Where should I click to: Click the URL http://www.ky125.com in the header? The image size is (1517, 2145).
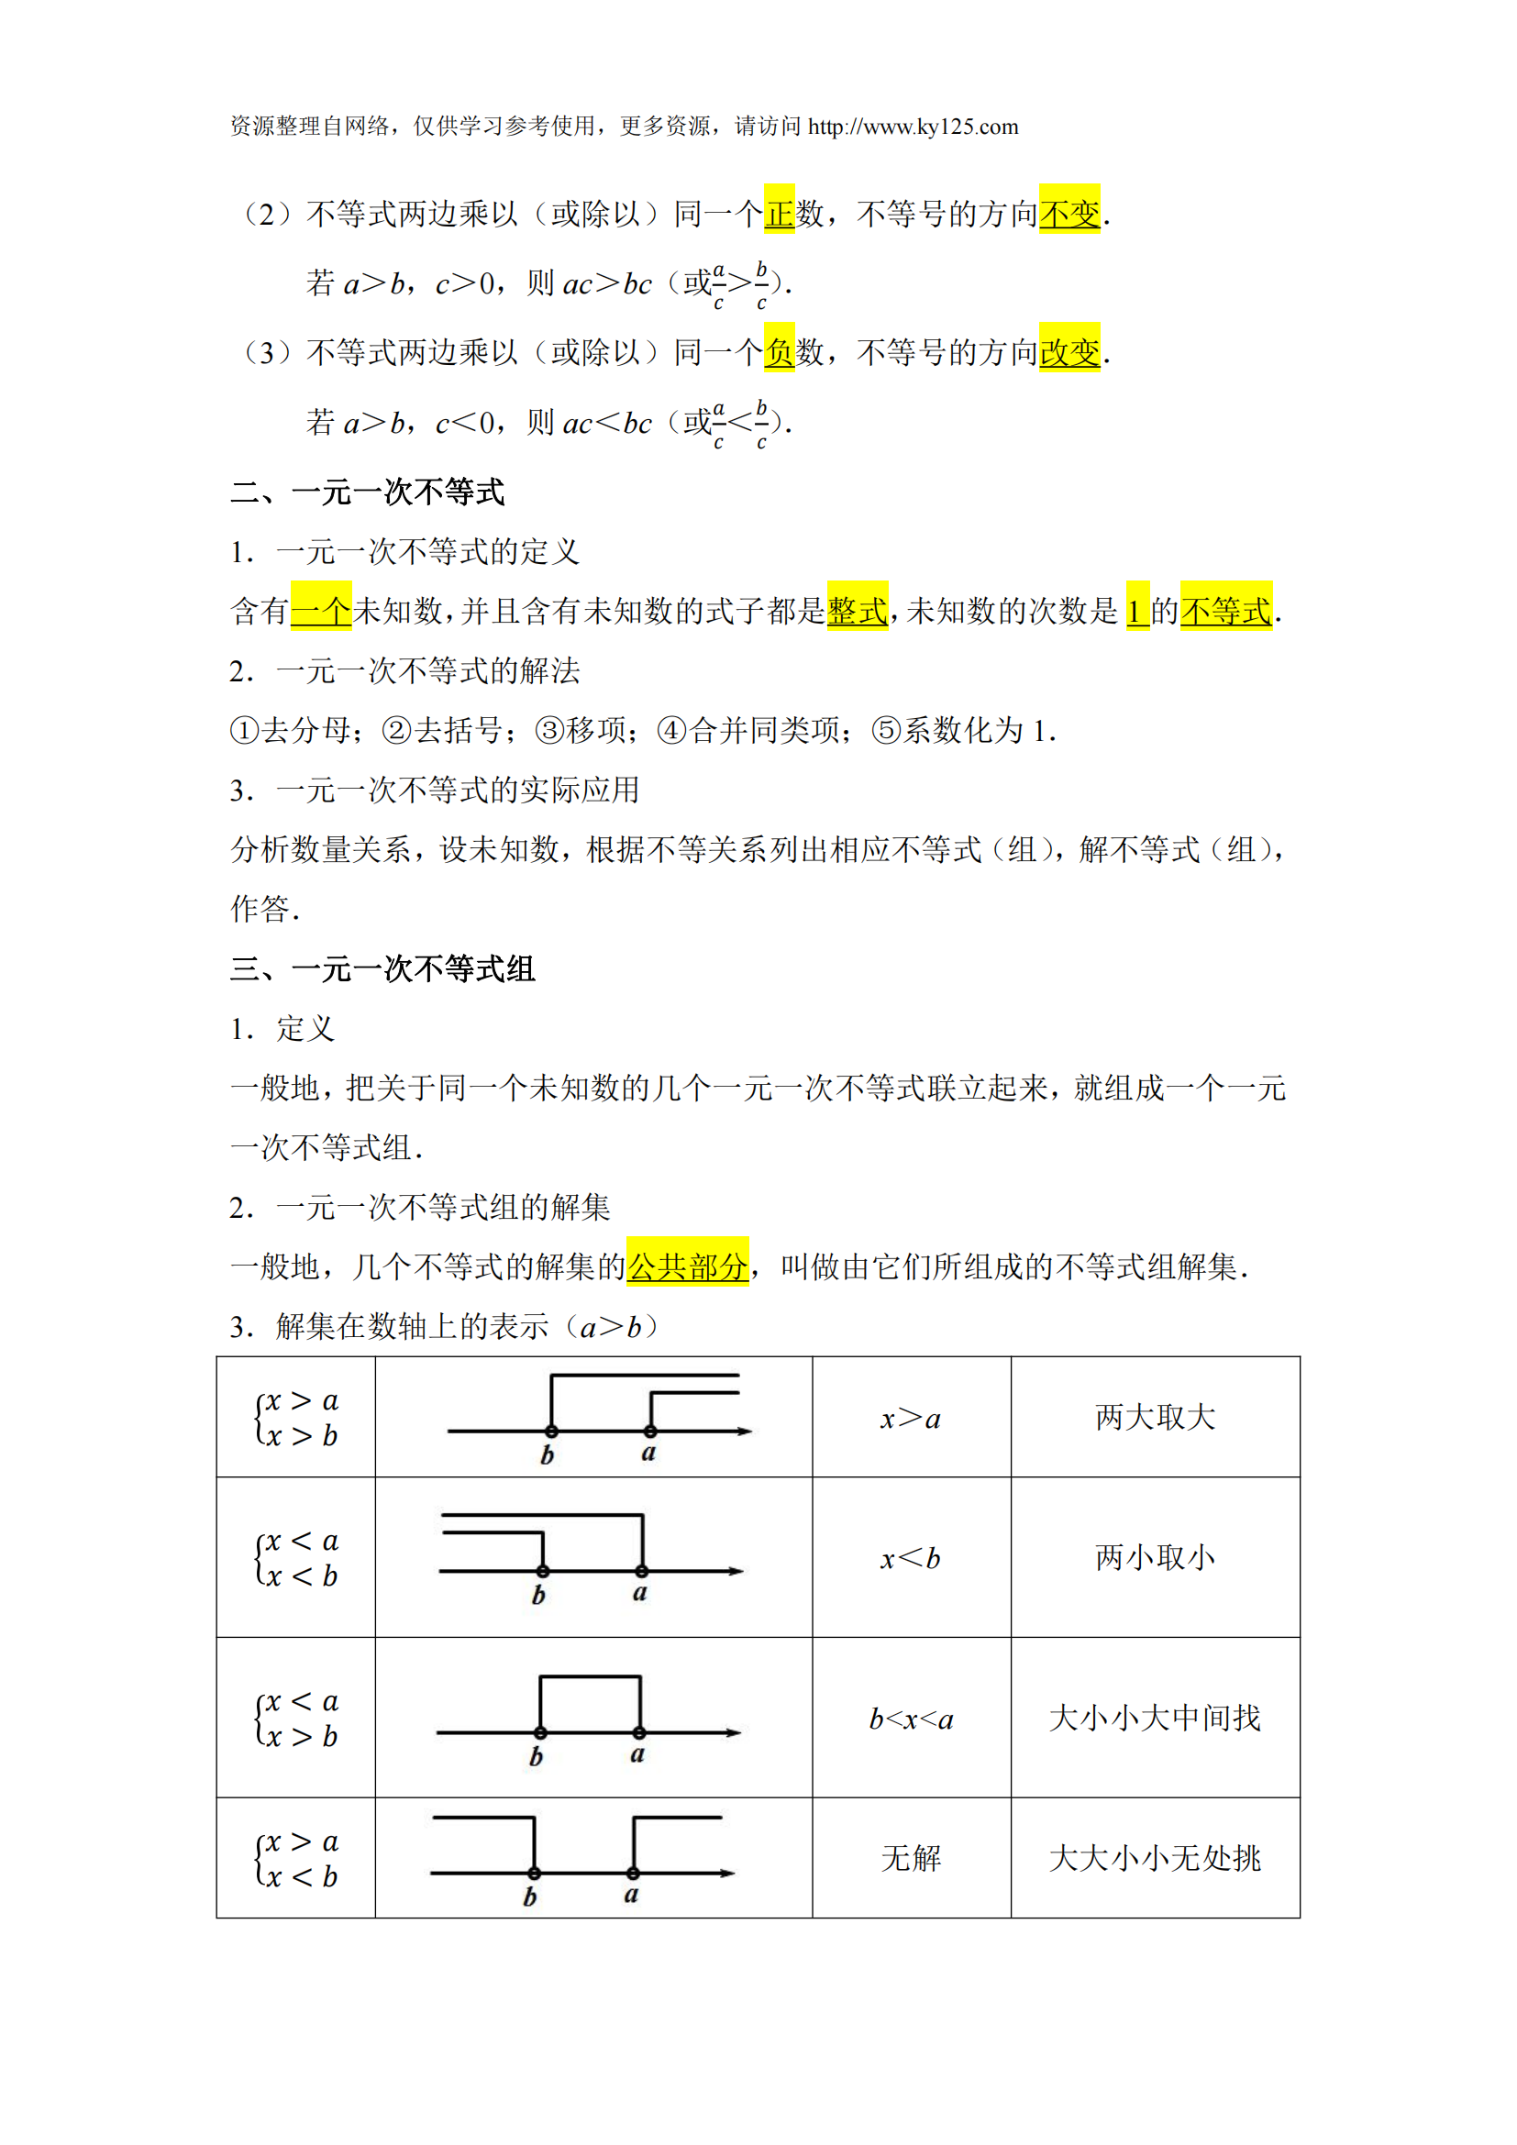pos(913,127)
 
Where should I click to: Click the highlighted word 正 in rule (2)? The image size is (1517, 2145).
pos(779,213)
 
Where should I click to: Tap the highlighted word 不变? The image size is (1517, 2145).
pos(1069,213)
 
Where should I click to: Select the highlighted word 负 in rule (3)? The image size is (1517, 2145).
pos(779,352)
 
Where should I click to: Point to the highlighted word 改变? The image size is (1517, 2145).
pos(1069,352)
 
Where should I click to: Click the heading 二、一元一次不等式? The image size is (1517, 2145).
pos(367,492)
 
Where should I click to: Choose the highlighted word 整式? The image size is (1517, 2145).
pos(858,611)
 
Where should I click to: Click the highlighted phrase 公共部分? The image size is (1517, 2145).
pos(688,1266)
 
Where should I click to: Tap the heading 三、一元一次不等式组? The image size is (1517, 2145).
pos(382,968)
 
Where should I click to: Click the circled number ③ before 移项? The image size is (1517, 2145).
pos(548,731)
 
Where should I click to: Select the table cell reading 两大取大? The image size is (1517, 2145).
pos(1155,1417)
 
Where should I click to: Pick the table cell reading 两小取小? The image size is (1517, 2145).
pos(1155,1557)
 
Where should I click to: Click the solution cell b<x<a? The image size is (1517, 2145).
pos(911,1719)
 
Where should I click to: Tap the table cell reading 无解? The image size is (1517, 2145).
pos(911,1858)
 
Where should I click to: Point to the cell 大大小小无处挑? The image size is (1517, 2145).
pos(1155,1858)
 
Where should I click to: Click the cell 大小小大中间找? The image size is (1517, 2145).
pos(1155,1718)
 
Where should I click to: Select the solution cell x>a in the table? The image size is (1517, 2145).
pos(911,1419)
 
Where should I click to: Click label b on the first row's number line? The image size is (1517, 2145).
pos(548,1455)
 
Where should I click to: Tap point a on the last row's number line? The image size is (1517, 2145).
pos(634,1874)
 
